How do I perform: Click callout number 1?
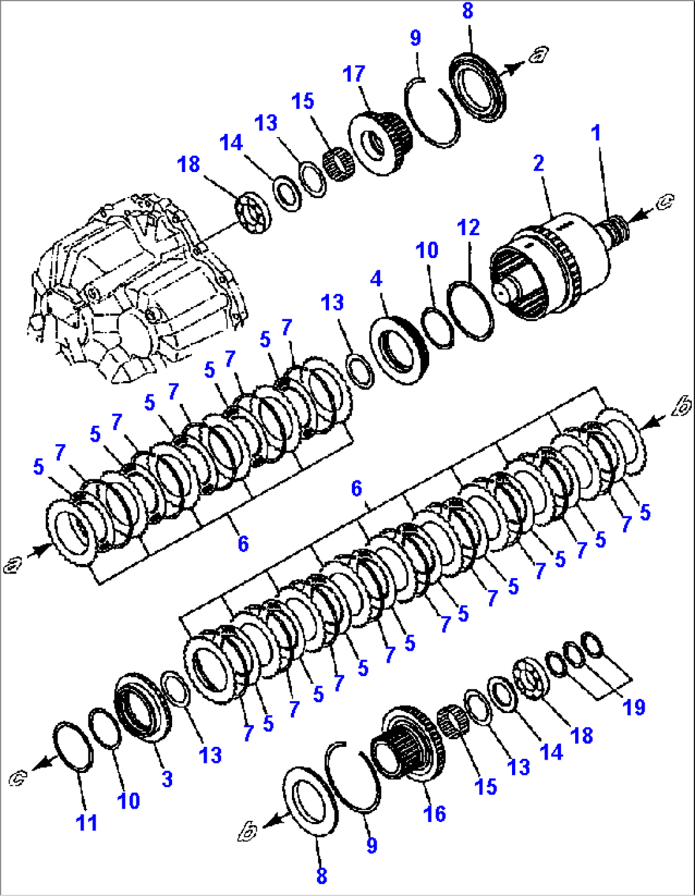point(596,133)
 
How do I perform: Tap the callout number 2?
point(539,163)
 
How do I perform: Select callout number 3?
point(167,779)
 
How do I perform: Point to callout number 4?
point(376,279)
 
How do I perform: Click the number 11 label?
point(86,822)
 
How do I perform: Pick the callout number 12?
point(468,228)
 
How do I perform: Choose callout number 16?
point(434,813)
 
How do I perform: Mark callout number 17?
point(354,75)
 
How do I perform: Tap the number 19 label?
point(634,707)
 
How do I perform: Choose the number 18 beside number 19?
point(582,735)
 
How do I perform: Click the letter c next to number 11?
point(18,777)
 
